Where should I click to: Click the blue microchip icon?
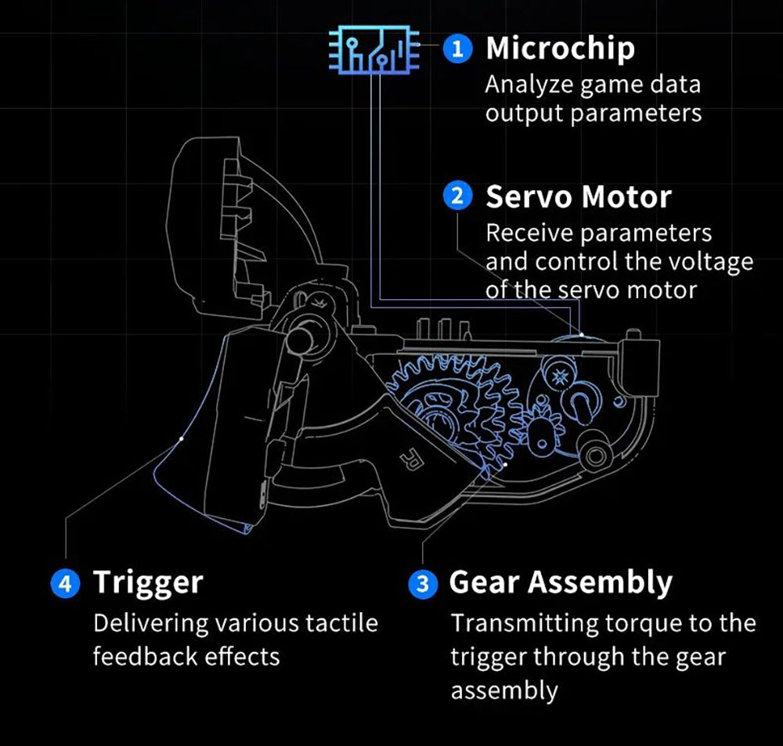tap(374, 50)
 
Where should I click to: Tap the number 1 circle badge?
tap(457, 49)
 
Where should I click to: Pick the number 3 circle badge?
tap(423, 583)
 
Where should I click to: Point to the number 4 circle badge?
tap(66, 582)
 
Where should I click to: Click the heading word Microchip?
tap(561, 49)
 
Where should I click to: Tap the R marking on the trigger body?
tap(413, 459)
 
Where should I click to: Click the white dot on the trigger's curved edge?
tap(182, 439)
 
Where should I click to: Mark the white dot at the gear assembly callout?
tap(506, 464)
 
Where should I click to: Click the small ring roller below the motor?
tap(595, 456)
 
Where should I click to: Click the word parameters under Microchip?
tap(636, 114)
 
